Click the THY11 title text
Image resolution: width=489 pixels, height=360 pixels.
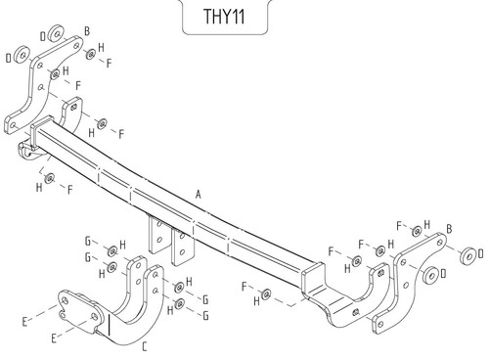pyautogui.click(x=224, y=17)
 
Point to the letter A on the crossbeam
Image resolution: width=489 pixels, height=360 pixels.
pyautogui.click(x=199, y=195)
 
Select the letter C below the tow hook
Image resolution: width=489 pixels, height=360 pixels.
pyautogui.click(x=145, y=346)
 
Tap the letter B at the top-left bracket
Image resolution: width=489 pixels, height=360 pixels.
pyautogui.click(x=87, y=31)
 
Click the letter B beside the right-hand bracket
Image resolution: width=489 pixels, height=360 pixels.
pyautogui.click(x=449, y=229)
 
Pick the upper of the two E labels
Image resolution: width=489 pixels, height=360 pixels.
pyautogui.click(x=24, y=322)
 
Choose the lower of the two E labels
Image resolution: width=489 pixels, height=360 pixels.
pyautogui.click(x=54, y=338)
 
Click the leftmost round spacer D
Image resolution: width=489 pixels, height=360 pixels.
pyautogui.click(x=22, y=55)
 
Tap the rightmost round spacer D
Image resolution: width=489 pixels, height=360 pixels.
pyautogui.click(x=468, y=255)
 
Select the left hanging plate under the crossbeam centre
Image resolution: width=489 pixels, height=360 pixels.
pyautogui.click(x=156, y=234)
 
